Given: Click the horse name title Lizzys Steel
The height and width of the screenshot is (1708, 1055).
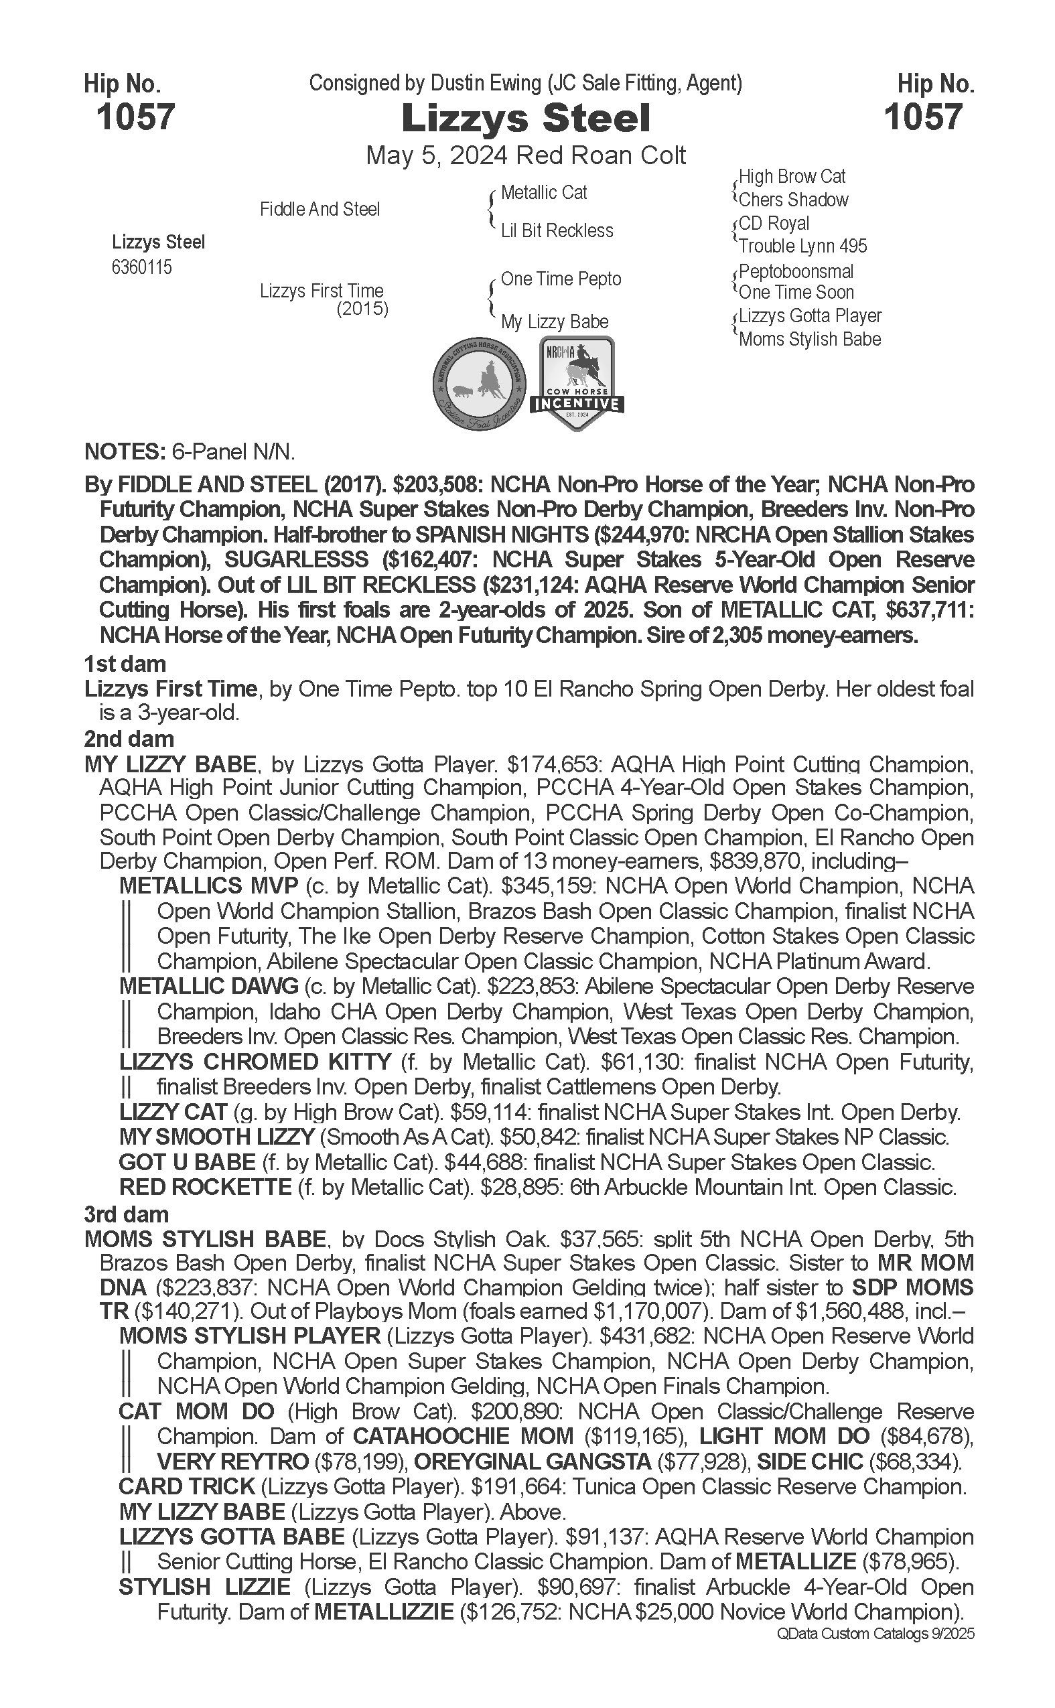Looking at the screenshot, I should (526, 119).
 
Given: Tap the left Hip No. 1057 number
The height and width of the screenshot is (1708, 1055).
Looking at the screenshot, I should (135, 117).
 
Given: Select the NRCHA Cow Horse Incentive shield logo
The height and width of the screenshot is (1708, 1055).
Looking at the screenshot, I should (576, 383).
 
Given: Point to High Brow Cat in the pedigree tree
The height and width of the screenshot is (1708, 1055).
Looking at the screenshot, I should (792, 177).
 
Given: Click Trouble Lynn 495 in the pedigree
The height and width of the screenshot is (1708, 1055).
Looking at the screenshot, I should (802, 246).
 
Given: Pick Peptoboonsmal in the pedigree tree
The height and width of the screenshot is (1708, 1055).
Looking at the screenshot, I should (796, 271).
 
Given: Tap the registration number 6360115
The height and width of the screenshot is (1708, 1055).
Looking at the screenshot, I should (141, 268).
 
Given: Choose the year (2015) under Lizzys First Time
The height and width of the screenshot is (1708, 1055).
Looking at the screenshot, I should (362, 309).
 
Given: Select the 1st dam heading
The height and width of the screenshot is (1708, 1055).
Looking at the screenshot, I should (125, 664).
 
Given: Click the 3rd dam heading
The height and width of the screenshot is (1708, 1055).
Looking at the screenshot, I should (127, 1215).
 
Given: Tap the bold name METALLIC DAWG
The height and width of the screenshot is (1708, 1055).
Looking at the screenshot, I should (208, 987).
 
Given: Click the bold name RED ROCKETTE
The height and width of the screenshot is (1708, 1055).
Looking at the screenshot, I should (205, 1188).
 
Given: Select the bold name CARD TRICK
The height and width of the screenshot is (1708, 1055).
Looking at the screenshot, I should (186, 1487).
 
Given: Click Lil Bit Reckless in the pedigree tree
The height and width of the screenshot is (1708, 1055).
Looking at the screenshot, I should (557, 231).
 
